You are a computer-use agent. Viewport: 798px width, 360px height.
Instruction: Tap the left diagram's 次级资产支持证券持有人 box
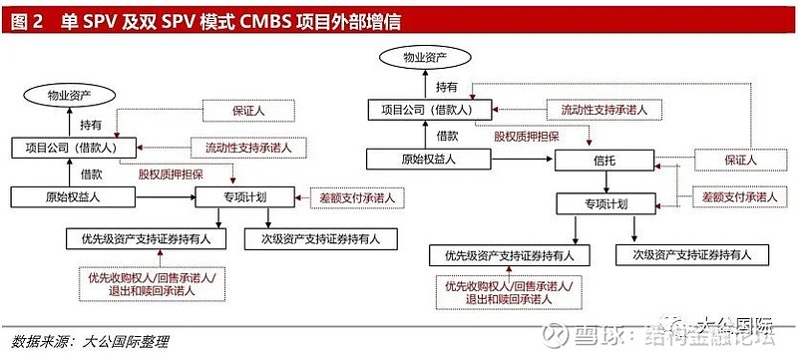click(313, 238)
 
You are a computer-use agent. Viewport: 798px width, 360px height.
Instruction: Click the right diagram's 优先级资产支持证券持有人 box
click(509, 255)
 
